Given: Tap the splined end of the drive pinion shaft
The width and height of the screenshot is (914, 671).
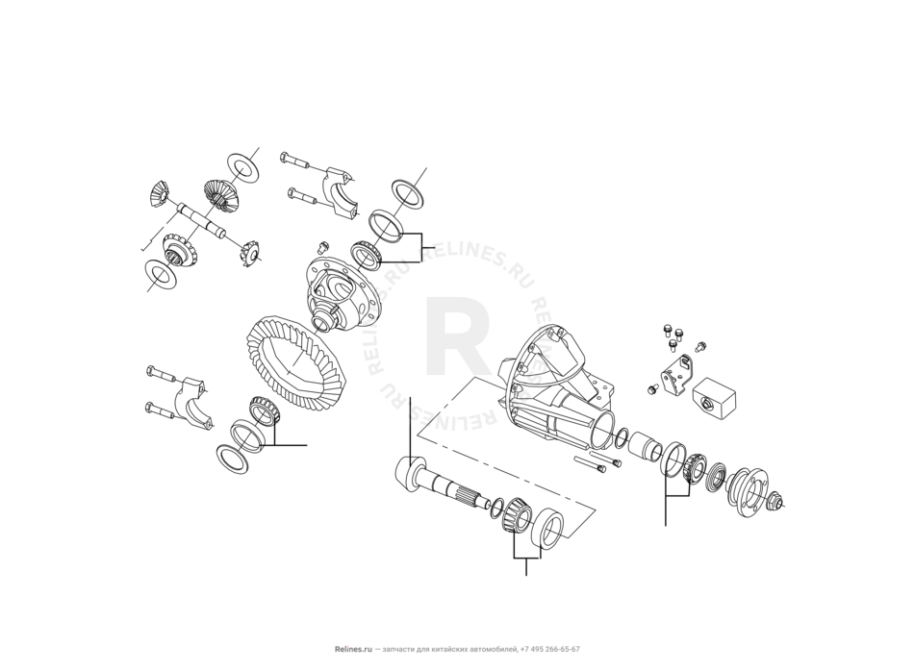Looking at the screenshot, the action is [x=472, y=494].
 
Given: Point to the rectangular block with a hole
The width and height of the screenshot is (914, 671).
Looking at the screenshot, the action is [x=714, y=398].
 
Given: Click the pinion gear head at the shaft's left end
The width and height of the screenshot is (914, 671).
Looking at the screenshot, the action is [x=409, y=472].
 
